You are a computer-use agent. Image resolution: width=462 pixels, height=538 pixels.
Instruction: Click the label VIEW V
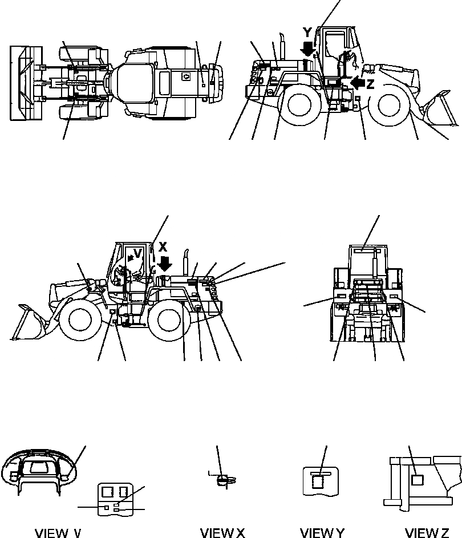58,533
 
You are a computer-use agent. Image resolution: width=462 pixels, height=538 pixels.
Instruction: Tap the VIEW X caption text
222,533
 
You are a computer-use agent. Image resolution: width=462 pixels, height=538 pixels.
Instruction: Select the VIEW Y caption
322,533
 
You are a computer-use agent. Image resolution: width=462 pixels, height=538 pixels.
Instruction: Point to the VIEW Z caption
427,533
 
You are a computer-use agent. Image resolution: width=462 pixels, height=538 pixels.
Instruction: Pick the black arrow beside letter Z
358,83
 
